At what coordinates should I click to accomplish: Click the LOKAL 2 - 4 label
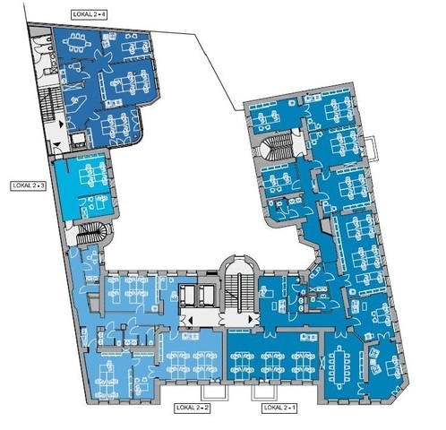89,14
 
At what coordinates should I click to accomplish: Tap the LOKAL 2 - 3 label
29,185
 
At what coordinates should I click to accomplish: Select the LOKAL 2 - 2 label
192,408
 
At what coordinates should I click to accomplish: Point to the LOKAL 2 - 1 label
279,408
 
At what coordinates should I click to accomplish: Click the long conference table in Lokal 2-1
339,367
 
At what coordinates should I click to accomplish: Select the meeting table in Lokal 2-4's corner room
76,43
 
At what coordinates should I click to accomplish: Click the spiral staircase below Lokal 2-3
91,233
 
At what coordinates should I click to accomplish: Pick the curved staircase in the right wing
276,145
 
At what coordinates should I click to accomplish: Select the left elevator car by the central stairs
187,295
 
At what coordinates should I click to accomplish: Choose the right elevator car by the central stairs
206,295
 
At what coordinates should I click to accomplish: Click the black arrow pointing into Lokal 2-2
190,321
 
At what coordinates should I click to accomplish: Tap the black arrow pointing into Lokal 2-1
251,320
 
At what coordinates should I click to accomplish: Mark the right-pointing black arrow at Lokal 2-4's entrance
62,124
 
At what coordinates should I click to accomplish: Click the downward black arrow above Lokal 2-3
56,144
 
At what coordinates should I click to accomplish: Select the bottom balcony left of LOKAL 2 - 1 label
265,392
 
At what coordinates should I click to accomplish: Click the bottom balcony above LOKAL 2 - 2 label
214,392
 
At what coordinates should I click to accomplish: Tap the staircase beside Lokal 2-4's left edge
48,105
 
